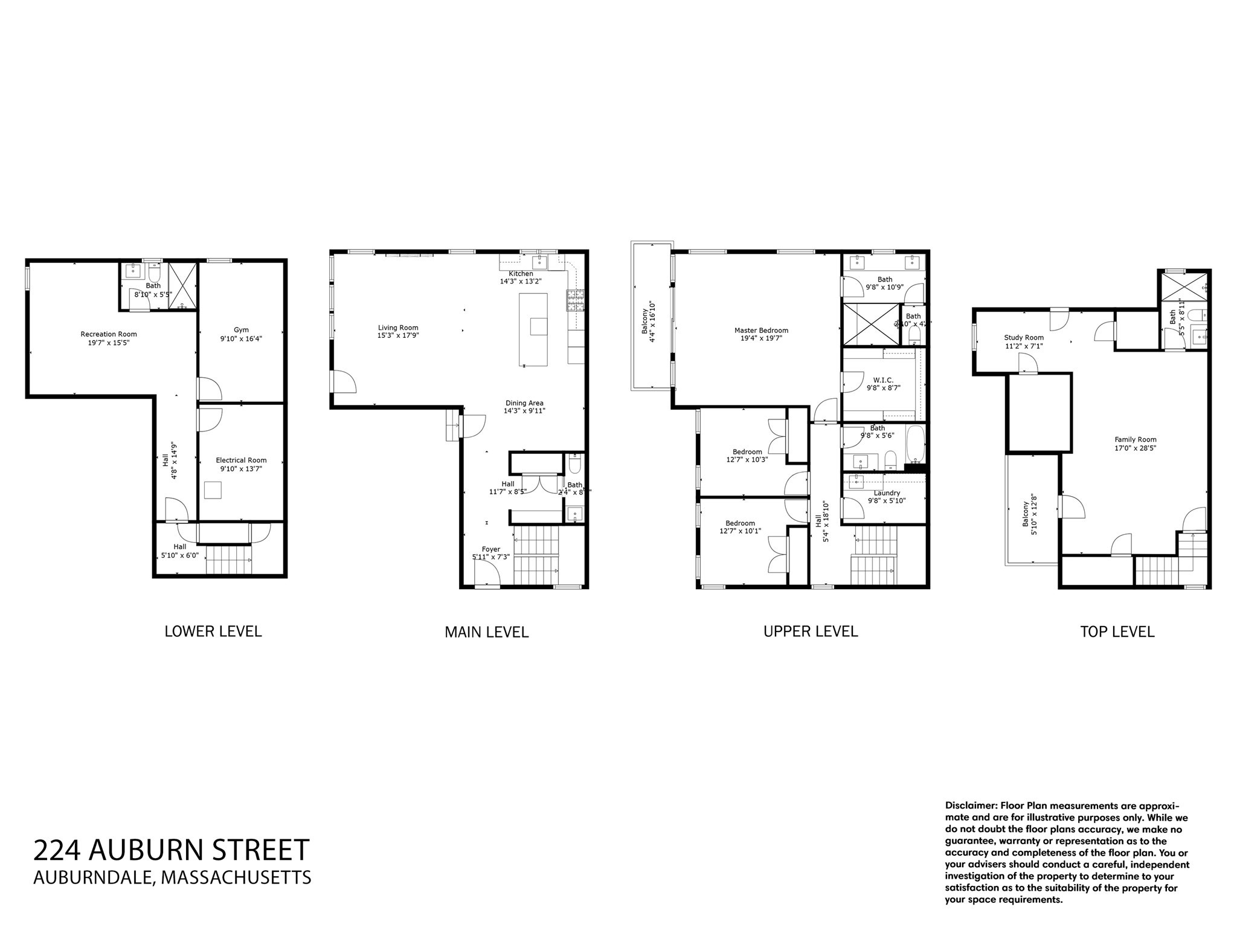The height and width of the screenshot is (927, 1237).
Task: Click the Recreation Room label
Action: coord(109,334)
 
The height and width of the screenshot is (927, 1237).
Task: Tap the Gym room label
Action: coord(241,330)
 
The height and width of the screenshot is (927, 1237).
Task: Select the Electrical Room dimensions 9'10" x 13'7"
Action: coord(241,469)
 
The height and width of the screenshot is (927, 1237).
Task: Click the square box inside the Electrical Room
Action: coord(213,489)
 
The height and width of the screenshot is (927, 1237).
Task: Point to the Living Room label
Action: coord(398,328)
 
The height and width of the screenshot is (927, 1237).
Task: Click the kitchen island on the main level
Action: coord(534,329)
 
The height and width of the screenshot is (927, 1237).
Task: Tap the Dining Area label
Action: coord(524,403)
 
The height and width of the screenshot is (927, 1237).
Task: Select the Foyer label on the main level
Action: coord(491,549)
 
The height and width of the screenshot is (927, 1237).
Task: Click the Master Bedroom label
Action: coord(761,331)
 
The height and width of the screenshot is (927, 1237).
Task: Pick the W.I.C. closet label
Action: coord(883,380)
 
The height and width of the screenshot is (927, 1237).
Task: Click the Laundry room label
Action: coord(887,493)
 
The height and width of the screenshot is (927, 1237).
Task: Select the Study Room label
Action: coord(1024,338)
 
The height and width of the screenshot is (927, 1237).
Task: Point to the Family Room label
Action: coord(1136,440)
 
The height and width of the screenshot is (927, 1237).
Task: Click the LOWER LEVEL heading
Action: coord(213,631)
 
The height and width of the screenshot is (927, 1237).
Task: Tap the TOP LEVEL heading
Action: coord(1117,632)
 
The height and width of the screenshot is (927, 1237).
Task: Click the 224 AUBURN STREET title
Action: coord(172,850)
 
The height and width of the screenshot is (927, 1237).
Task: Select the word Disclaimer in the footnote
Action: coord(971,806)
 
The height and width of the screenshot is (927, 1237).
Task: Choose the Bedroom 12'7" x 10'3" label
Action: coord(747,451)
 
